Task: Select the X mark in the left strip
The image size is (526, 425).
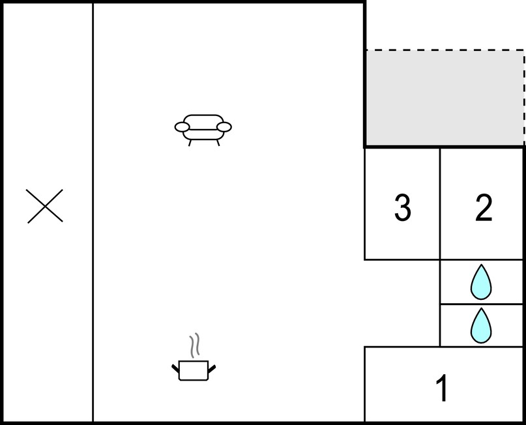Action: tap(44, 206)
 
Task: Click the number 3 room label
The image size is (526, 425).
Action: tap(402, 208)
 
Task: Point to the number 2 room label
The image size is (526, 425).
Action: tap(484, 208)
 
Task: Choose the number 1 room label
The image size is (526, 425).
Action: tap(442, 388)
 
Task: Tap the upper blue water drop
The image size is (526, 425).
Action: tap(481, 282)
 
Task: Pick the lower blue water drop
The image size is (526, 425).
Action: tap(481, 326)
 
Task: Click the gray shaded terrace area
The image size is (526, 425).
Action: tap(445, 98)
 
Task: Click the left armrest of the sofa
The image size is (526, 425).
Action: tap(182, 127)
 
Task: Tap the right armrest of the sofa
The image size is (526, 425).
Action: tap(224, 127)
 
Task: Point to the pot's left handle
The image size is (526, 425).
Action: tap(176, 368)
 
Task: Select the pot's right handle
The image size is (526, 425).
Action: tap(212, 369)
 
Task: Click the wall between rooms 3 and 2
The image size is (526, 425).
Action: tap(440, 203)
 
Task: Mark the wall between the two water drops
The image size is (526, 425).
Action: tap(482, 304)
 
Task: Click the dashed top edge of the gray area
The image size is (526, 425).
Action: tap(445, 50)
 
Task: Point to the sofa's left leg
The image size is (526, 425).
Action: tap(190, 143)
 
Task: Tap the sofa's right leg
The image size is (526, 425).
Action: tap(218, 143)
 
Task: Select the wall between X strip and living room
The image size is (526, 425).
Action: tap(93, 212)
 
